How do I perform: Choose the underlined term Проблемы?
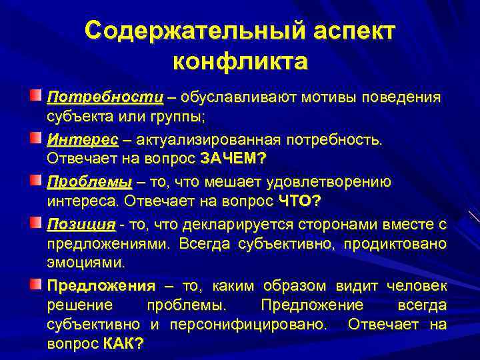(89, 182)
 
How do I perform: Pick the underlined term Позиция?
(81, 223)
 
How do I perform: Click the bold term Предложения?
(101, 286)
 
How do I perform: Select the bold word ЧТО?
(300, 201)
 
